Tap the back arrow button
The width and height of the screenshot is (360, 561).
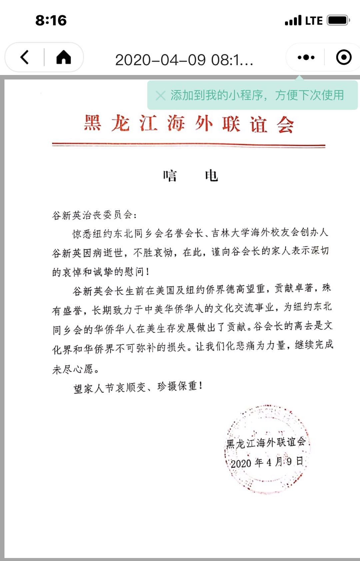click(x=24, y=57)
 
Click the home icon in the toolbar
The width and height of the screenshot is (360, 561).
click(x=64, y=57)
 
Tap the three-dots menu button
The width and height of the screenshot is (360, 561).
click(x=306, y=57)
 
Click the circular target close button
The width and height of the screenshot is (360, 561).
click(x=344, y=57)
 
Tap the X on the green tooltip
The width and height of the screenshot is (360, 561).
click(x=160, y=96)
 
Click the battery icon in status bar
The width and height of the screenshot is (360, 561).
click(x=338, y=20)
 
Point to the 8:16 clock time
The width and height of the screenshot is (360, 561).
click(x=51, y=20)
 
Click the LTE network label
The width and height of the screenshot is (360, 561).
click(x=314, y=21)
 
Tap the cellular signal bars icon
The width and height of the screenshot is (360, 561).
click(x=293, y=21)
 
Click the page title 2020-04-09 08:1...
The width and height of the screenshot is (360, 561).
click(x=184, y=60)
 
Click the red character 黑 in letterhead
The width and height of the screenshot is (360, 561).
click(x=92, y=123)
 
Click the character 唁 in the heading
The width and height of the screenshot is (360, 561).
click(x=170, y=176)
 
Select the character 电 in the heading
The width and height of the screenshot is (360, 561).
click(x=211, y=176)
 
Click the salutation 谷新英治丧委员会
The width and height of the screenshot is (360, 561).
click(x=94, y=215)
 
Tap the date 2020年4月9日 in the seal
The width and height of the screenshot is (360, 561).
click(x=267, y=462)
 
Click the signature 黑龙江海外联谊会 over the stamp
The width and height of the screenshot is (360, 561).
click(x=266, y=443)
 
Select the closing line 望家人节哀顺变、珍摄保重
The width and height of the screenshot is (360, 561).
click(x=138, y=387)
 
